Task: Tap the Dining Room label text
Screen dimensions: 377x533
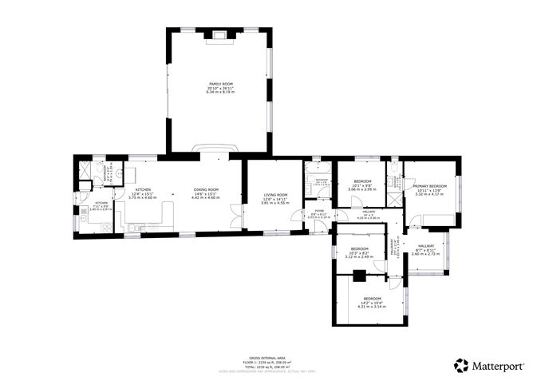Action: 205,192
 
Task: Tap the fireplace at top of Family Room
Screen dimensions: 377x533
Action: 219,34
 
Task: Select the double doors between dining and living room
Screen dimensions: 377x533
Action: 235,216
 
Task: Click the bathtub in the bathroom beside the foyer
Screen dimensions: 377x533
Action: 316,169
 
